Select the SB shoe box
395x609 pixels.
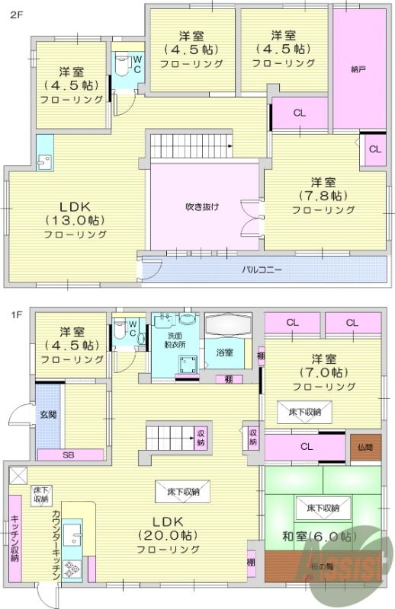point(69,454)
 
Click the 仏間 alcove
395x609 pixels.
point(364,448)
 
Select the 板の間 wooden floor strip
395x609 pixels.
point(320,566)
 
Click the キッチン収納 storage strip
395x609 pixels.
point(14,537)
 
